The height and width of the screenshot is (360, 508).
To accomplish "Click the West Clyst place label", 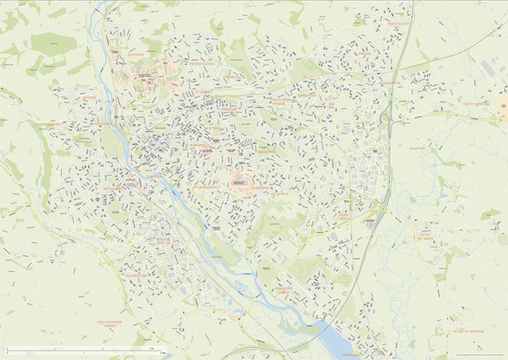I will click(x=399, y=24).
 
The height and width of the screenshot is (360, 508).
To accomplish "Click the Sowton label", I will click(x=417, y=149).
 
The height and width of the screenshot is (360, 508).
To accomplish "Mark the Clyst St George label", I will click(x=468, y=331).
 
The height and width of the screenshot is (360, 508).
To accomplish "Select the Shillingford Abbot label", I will click(x=110, y=324).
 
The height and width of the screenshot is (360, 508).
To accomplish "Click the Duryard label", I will click(x=136, y=56).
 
